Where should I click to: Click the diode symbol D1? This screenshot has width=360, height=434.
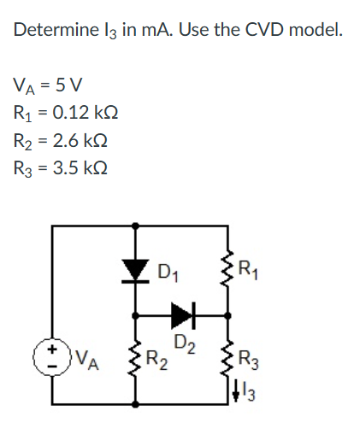[135, 271]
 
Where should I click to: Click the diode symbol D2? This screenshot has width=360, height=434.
[183, 315]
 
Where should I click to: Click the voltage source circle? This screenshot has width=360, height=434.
[52, 357]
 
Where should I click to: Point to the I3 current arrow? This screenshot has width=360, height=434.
[236, 392]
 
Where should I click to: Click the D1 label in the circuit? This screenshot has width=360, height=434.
[168, 273]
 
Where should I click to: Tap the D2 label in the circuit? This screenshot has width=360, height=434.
[186, 344]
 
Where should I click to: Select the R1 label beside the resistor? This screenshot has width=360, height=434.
[248, 271]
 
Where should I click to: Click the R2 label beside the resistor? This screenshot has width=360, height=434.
[156, 361]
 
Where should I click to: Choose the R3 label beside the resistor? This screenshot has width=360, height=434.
[249, 361]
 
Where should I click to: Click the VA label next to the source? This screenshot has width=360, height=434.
[87, 360]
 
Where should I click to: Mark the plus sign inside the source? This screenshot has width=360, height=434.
[51, 349]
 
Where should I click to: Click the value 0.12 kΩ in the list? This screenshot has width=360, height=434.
[86, 113]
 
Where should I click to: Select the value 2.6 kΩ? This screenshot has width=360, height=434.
[80, 140]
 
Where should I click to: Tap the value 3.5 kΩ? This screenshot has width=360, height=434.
[80, 167]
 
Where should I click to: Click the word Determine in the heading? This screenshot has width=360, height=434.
[56, 30]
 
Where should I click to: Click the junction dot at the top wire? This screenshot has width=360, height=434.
[136, 226]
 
